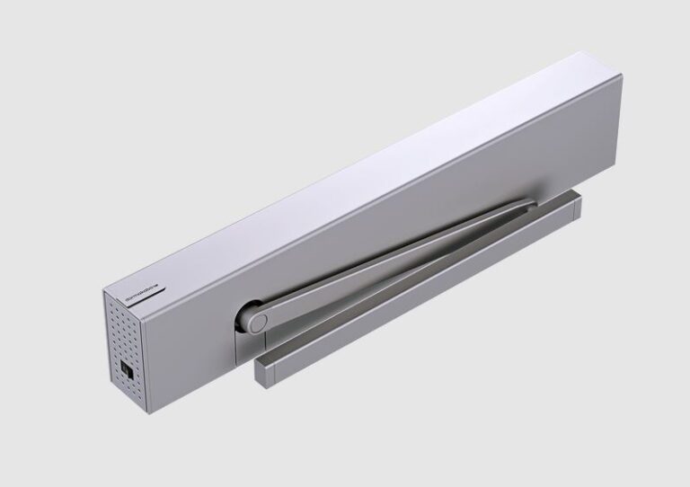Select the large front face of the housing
tap(377, 225)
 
